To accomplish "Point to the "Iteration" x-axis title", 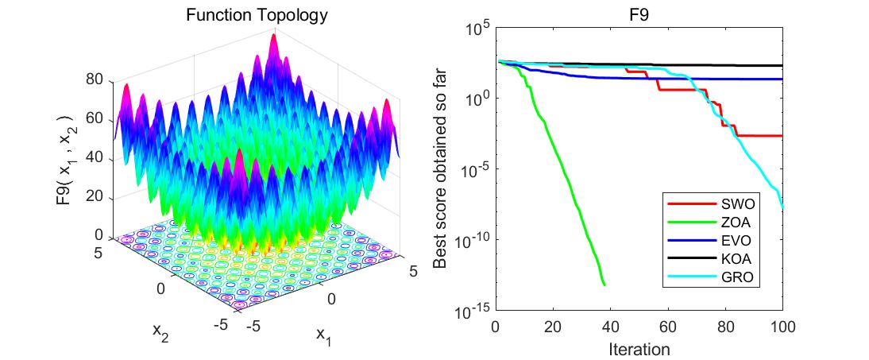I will tap(639, 349).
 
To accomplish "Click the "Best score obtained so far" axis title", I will tap(441, 169).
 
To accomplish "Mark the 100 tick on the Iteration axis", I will tap(782, 327).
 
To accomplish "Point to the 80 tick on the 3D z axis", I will tap(96, 79).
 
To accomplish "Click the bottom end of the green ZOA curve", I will tap(604, 285).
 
